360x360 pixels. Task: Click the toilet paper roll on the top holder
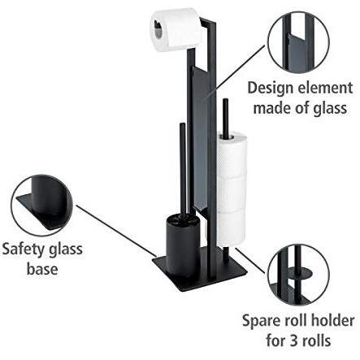tap(176, 29)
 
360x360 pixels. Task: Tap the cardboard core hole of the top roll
tap(158, 29)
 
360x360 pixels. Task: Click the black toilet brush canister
tap(180, 245)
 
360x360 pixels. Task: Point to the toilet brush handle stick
tap(183, 168)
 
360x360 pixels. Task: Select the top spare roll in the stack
tap(231, 155)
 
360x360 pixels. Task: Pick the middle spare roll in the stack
tap(231, 193)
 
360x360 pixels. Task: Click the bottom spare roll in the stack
tap(231, 228)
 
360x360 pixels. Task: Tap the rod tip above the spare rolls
tap(225, 101)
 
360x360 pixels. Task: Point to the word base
tap(42, 269)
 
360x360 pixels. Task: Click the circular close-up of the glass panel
tap(298, 43)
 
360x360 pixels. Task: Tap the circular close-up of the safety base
tap(42, 206)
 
